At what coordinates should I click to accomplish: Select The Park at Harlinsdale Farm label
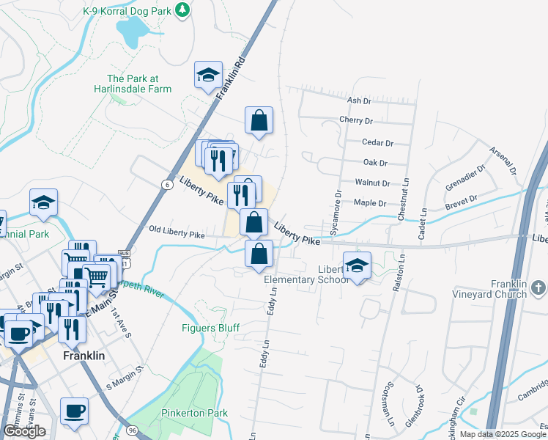[x=139, y=84]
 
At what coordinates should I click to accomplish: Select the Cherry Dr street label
[x=356, y=120]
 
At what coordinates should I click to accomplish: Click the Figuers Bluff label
[x=210, y=328]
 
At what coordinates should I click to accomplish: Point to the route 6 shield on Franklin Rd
[x=169, y=185]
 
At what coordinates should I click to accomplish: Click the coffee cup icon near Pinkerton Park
[x=73, y=411]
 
